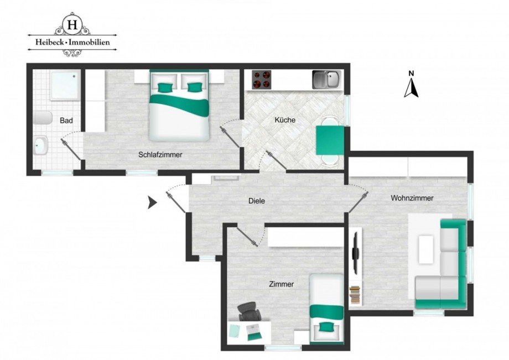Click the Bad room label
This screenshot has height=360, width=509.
pos(66,121)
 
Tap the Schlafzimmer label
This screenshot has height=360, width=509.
pos(160,155)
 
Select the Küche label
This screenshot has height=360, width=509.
pos(285,120)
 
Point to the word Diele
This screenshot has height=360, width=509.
pos(257,201)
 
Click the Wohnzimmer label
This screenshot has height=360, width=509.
pos(412,198)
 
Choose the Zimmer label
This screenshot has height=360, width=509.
pos(282,284)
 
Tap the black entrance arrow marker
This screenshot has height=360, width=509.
pos(152,203)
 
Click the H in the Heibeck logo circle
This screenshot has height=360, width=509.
pos(72,24)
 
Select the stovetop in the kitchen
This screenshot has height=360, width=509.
pos(262,80)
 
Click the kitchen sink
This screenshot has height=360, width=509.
pos(327,80)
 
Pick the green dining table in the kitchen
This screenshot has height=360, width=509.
pos(330,140)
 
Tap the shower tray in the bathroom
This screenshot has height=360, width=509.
pos(65,85)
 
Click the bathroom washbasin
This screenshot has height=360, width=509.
pos(41,145)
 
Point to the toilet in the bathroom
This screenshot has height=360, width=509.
pos(43,118)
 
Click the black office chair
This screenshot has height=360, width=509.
pos(249,311)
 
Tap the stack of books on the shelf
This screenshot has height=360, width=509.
pos(355,295)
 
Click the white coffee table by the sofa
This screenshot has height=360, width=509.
pos(426,249)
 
